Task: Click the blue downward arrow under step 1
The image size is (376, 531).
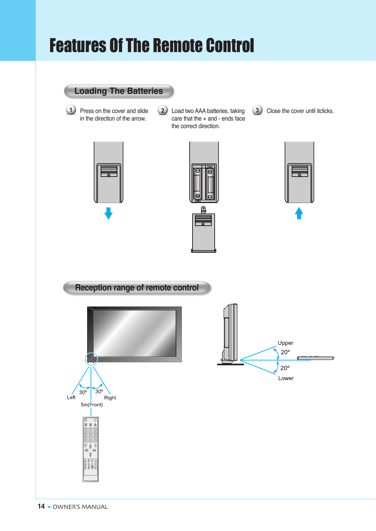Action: click(108, 213)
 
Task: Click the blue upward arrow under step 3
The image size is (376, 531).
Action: click(299, 213)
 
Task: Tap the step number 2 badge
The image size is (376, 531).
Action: click(163, 110)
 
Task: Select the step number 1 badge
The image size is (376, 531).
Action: click(71, 110)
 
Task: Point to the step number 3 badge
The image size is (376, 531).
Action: click(257, 110)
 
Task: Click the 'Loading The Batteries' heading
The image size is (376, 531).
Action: click(119, 91)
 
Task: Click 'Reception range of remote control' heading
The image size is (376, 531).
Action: click(137, 287)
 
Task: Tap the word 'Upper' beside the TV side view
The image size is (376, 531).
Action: click(285, 343)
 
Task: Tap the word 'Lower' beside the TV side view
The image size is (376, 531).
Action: click(286, 378)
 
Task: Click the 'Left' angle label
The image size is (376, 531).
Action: click(71, 397)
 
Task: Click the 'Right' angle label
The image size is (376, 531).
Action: click(110, 398)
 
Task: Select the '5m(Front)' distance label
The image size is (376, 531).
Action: click(92, 405)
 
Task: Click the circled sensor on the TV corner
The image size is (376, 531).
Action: click(91, 359)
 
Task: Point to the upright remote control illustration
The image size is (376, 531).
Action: click(90, 449)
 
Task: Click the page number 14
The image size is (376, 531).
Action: click(41, 506)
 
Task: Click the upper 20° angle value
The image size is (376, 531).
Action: click(285, 352)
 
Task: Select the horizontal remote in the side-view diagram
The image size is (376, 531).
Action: click(315, 358)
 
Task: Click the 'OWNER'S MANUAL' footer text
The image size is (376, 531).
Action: click(80, 507)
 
